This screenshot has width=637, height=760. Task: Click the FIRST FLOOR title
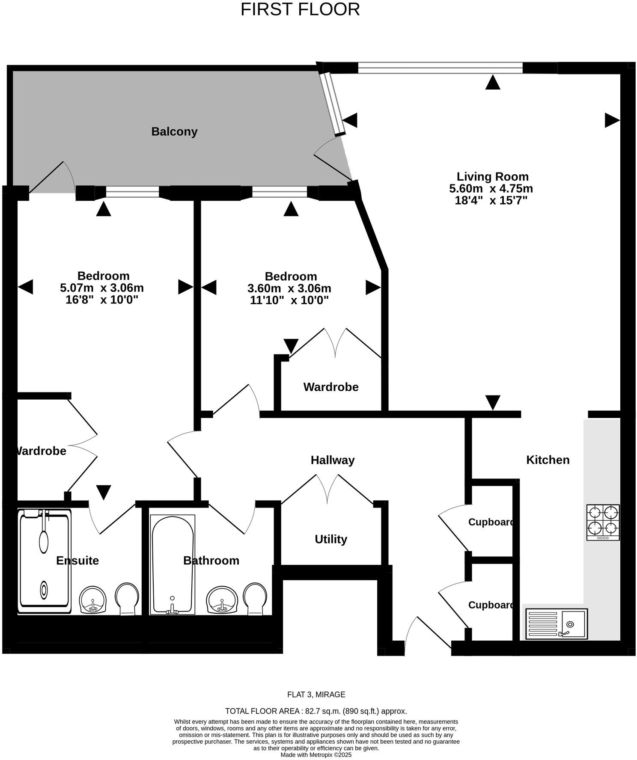click(x=300, y=9)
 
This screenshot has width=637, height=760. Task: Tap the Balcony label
click(x=174, y=131)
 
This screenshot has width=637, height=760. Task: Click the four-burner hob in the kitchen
click(x=603, y=522)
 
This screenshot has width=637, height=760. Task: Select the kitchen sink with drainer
click(x=556, y=624)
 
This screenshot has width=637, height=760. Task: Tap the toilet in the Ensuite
click(x=127, y=598)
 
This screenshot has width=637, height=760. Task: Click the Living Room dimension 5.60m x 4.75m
click(x=491, y=189)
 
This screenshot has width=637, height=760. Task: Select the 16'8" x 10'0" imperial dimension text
click(x=102, y=300)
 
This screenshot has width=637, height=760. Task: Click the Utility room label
click(x=330, y=539)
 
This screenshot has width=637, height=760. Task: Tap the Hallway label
click(x=333, y=460)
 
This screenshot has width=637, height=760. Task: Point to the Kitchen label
click(x=548, y=460)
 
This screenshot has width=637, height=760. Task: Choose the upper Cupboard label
click(x=491, y=522)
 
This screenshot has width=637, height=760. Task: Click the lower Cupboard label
click(x=491, y=605)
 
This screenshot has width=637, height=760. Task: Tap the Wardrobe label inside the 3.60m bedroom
click(x=331, y=387)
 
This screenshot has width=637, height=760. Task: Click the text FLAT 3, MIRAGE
click(x=316, y=695)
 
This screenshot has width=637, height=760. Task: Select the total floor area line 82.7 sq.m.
click(x=316, y=711)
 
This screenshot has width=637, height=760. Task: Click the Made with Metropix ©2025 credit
click(x=316, y=755)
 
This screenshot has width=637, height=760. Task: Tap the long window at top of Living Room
click(x=440, y=68)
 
